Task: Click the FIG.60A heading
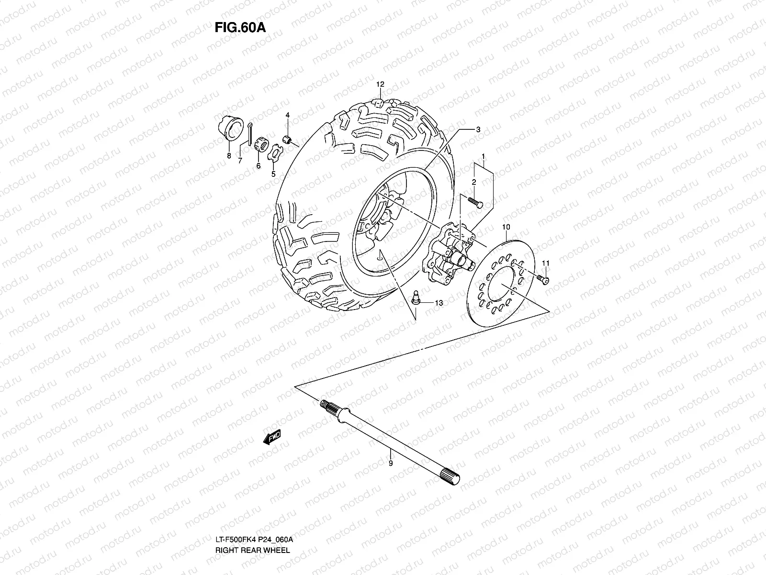pyautogui.click(x=239, y=27)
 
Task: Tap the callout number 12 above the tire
pyautogui.click(x=380, y=84)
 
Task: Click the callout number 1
pyautogui.click(x=484, y=156)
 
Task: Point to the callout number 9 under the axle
pyautogui.click(x=390, y=463)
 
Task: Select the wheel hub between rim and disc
pyautogui.click(x=448, y=252)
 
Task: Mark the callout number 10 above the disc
pyautogui.click(x=506, y=226)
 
